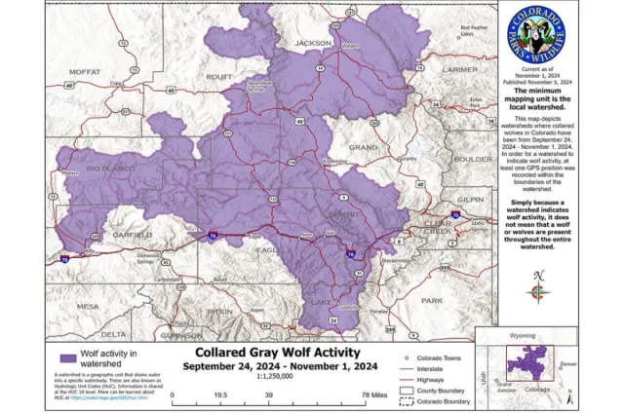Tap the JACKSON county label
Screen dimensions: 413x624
coord(313,43)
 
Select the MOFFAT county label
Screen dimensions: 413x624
coord(85,71)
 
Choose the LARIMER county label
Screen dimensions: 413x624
coord(460,70)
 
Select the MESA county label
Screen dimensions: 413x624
coord(88,305)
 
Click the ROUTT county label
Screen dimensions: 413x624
coord(219,75)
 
